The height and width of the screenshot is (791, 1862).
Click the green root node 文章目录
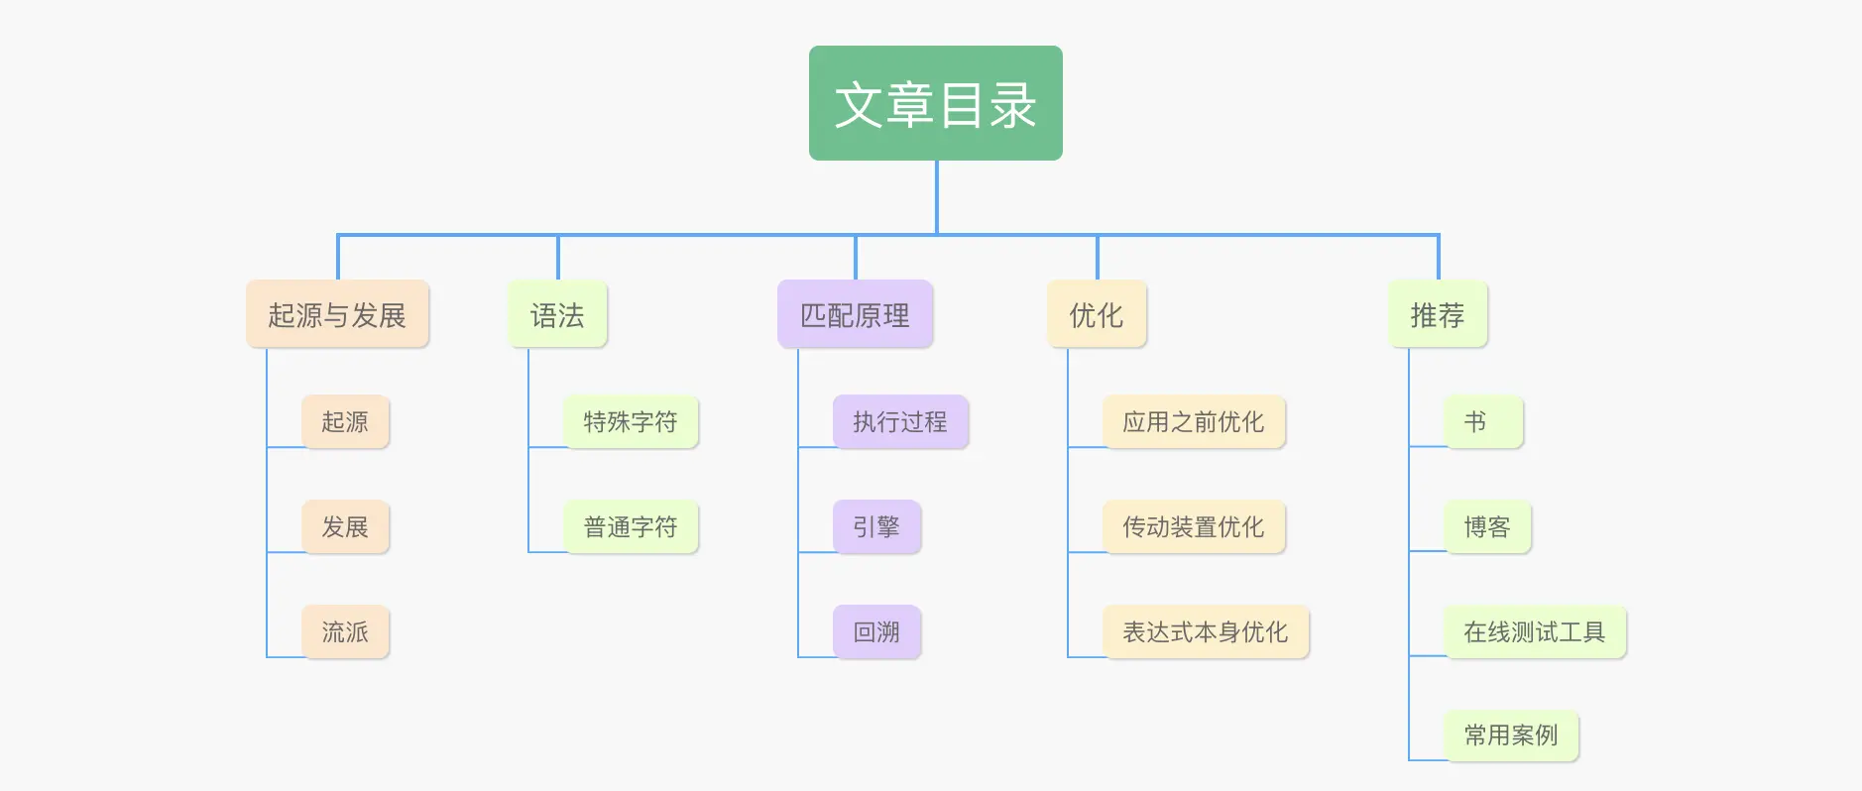click(935, 103)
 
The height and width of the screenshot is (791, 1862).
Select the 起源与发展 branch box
click(337, 314)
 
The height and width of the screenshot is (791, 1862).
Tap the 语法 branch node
click(557, 314)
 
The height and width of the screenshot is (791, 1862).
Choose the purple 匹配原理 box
click(855, 314)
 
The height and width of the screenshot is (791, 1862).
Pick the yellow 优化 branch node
click(1097, 314)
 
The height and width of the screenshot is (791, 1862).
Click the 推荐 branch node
click(1438, 314)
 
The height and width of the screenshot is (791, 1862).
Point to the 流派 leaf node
click(345, 631)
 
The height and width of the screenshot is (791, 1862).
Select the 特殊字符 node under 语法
click(631, 421)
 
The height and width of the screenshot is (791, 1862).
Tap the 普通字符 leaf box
click(631, 526)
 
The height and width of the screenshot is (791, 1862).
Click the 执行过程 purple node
click(900, 421)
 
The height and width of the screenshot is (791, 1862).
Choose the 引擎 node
click(876, 526)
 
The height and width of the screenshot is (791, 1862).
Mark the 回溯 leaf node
click(876, 631)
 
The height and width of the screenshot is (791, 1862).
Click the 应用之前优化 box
click(1194, 421)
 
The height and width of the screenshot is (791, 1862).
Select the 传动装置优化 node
click(1194, 526)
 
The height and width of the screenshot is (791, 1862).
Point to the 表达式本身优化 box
click(1206, 631)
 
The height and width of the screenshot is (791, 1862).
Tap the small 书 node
click(1483, 421)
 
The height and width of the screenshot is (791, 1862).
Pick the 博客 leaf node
click(1487, 526)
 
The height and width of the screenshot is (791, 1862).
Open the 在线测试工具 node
click(1535, 631)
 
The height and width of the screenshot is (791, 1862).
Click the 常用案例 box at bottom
click(1511, 734)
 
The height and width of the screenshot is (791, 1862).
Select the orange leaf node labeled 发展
click(345, 526)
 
